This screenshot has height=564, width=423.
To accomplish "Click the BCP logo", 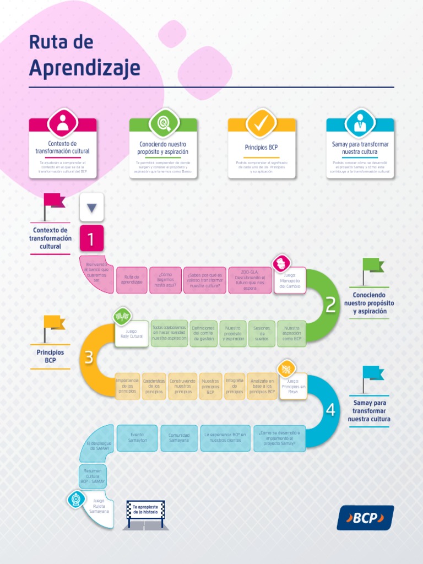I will pos(365,518).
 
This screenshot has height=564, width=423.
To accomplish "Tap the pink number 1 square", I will pos(91,239).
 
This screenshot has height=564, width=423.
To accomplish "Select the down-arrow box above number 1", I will pos(91,208).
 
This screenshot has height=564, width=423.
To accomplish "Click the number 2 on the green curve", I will pos(330,305).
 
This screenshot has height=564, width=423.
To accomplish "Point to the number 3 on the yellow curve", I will pos(89,358).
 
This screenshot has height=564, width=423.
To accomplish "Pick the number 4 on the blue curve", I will pos(330,410).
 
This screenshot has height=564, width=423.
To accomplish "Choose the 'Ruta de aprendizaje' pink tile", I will pos(132,280).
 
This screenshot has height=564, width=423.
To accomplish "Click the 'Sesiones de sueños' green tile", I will pos(262,334).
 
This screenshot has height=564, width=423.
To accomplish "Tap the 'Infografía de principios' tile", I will pos(235,386).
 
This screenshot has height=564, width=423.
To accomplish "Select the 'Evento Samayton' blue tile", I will pos(137,438).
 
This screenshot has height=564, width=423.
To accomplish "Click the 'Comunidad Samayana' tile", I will pos(178,438).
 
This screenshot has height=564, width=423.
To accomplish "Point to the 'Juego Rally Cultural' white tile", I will pos(132,334).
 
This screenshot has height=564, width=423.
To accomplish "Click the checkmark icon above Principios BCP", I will pos(262,123).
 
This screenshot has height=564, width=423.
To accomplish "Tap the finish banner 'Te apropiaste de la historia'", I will pos(145,509).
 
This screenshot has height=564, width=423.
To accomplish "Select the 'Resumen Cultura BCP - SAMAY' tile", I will pos(93,476).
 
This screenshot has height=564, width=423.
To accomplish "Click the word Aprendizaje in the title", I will pos(84,68).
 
